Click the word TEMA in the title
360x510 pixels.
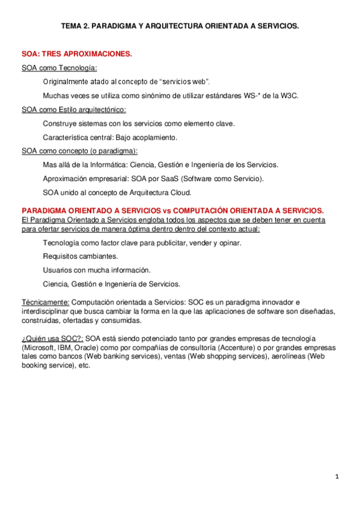pyautogui.click(x=73, y=26)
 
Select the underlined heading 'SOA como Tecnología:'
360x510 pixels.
pyautogui.click(x=59, y=68)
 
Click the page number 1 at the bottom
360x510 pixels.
pyautogui.click(x=337, y=477)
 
